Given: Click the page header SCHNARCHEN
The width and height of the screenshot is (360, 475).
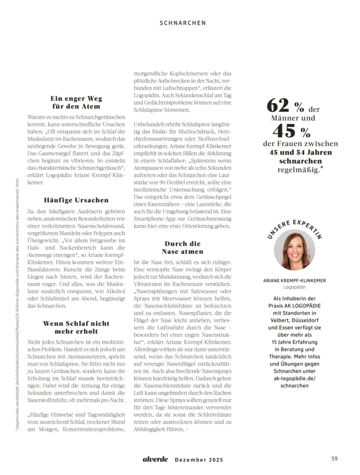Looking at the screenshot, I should pyautogui.click(x=183, y=22).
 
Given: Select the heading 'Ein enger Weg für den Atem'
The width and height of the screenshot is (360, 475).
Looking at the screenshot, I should pyautogui.click(x=76, y=103).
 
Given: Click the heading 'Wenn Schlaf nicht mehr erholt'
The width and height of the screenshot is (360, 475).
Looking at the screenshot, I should pyautogui.click(x=76, y=327).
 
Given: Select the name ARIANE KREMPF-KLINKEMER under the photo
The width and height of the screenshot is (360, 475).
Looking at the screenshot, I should pyautogui.click(x=294, y=280).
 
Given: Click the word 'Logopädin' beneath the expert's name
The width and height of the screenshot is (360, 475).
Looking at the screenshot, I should pyautogui.click(x=294, y=287).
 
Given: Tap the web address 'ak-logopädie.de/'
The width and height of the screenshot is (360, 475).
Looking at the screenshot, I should pyautogui.click(x=294, y=378).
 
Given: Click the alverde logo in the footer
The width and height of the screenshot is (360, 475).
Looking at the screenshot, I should pyautogui.click(x=155, y=459).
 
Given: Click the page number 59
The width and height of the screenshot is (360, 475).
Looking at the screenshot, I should pyautogui.click(x=334, y=459).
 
